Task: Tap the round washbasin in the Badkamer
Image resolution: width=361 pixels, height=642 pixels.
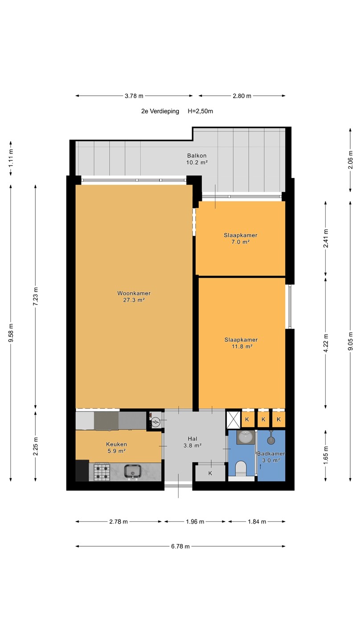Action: (246, 437)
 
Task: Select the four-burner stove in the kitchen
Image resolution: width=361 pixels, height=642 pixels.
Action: (102, 472)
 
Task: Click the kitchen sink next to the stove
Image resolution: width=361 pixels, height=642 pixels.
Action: (133, 472)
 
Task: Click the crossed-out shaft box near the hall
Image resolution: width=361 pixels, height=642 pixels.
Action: (233, 420)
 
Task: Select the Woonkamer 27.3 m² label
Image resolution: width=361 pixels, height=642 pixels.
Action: (134, 296)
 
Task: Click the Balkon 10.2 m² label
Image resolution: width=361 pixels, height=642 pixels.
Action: (197, 159)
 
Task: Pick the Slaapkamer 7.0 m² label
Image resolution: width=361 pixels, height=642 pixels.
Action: (241, 239)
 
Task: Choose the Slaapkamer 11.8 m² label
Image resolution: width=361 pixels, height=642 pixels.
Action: (241, 343)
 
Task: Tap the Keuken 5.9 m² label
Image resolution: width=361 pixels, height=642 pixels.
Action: (116, 448)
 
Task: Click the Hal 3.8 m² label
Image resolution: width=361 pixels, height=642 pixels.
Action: (193, 442)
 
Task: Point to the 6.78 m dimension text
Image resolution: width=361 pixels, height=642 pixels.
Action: (180, 546)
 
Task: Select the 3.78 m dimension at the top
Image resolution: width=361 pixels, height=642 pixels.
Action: (134, 96)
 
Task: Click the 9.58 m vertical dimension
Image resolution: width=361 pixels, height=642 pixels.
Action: (11, 333)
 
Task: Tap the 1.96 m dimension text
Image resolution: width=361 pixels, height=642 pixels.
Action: (195, 522)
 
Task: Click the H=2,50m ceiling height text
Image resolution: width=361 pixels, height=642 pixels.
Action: (200, 111)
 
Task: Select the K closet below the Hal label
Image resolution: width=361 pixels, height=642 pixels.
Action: (210, 473)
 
